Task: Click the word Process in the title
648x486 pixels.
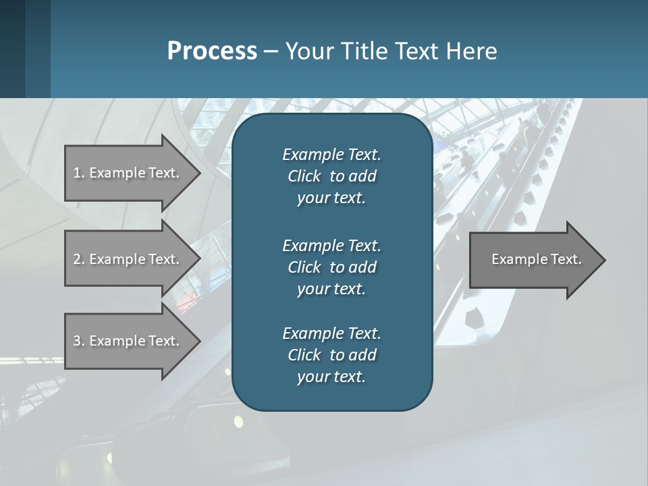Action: pos(212,51)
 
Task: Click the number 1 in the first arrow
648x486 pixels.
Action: pos(77,173)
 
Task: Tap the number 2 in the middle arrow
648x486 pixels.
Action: pos(77,259)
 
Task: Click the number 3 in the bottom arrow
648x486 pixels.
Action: pos(77,341)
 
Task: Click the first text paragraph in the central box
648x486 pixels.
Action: pos(331,176)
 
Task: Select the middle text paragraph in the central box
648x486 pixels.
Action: pos(331,267)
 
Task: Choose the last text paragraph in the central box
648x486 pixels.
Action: pos(331,355)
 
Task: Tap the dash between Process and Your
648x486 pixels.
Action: pos(271,51)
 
